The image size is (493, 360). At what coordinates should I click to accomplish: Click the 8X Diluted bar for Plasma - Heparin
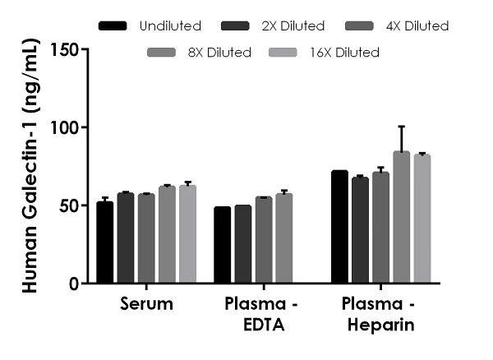click(x=401, y=218)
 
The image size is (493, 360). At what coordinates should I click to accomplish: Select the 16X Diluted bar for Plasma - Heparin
click(x=422, y=219)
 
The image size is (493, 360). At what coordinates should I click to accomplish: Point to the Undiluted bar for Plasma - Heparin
click(x=339, y=227)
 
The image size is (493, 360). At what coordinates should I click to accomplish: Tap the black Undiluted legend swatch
click(x=113, y=26)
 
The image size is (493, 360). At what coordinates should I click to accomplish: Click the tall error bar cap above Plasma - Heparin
click(x=401, y=127)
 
